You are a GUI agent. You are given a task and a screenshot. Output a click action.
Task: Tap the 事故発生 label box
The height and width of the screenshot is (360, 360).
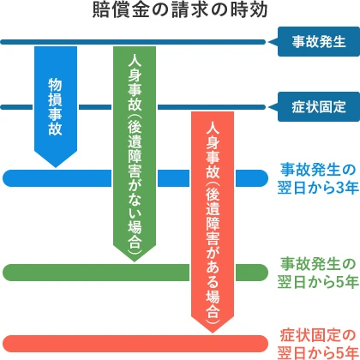click(316, 41)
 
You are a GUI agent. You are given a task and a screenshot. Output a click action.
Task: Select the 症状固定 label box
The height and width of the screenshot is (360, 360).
click(316, 107)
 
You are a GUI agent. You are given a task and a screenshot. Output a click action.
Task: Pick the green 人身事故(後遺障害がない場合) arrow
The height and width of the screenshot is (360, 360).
click(135, 146)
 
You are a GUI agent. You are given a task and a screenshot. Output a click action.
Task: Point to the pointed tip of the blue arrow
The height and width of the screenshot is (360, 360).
click(54, 165)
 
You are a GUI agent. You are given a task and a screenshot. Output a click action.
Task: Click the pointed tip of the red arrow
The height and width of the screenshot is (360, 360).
click(213, 329)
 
